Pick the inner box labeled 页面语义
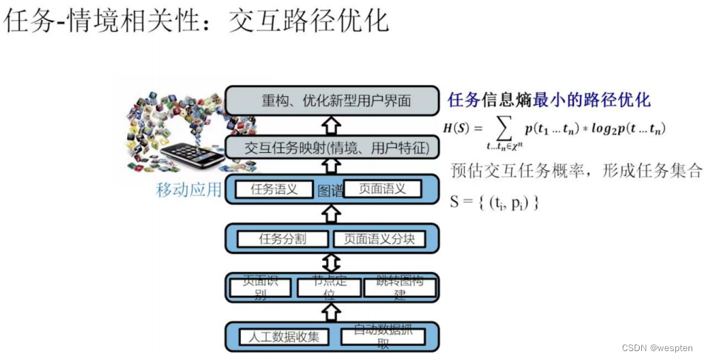pos(382,189)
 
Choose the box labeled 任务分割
pos(282,239)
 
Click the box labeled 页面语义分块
pos(379,239)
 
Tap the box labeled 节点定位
pos(329,288)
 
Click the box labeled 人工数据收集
pos(283,337)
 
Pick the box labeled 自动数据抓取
pos(383,337)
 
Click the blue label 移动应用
pos(188,190)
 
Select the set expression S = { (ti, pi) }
pos(494,201)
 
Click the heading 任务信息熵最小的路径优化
pos(549,100)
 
